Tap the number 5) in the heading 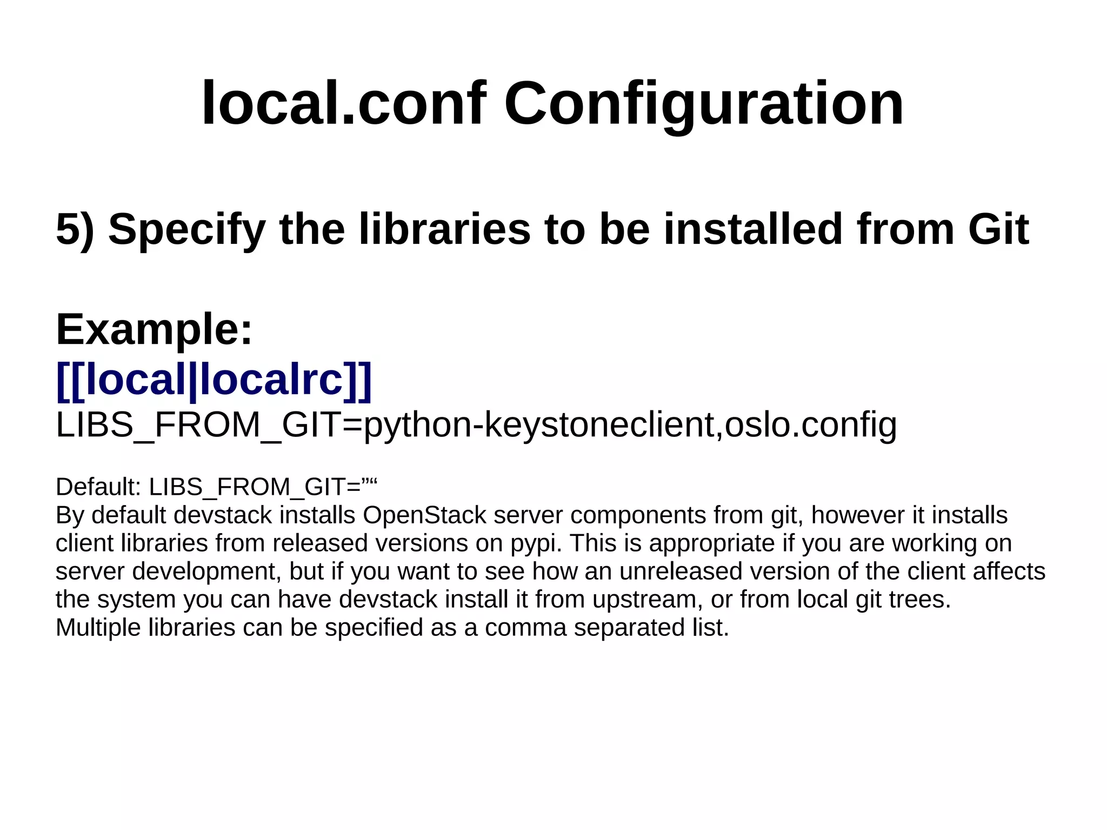click(x=75, y=229)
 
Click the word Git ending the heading click(x=998, y=229)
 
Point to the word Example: click(x=154, y=329)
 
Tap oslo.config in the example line click(x=811, y=425)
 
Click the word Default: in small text click(x=98, y=487)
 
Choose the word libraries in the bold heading click(x=444, y=229)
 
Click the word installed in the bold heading click(x=753, y=229)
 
